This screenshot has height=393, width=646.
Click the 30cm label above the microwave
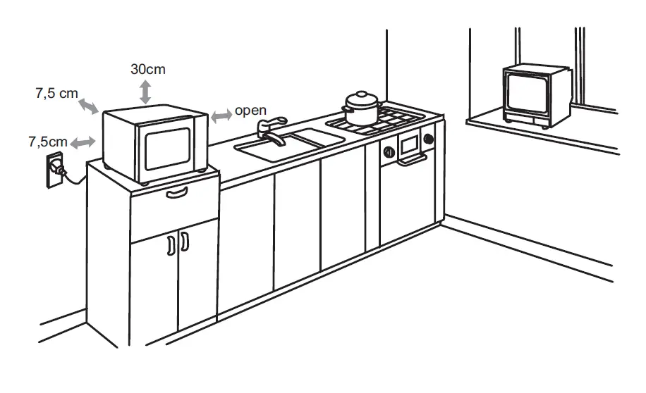[x=148, y=70]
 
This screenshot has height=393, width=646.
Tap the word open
[x=250, y=111]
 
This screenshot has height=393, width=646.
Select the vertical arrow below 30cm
[x=145, y=92]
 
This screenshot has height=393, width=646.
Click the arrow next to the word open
[x=221, y=114]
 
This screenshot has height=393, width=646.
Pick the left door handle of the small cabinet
[x=170, y=244]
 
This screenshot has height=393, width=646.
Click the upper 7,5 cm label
[x=56, y=94]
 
